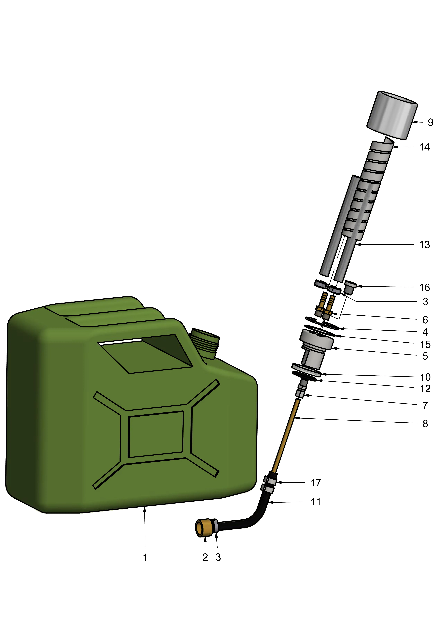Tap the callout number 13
click(424, 245)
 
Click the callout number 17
click(316, 483)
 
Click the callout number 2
click(205, 557)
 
